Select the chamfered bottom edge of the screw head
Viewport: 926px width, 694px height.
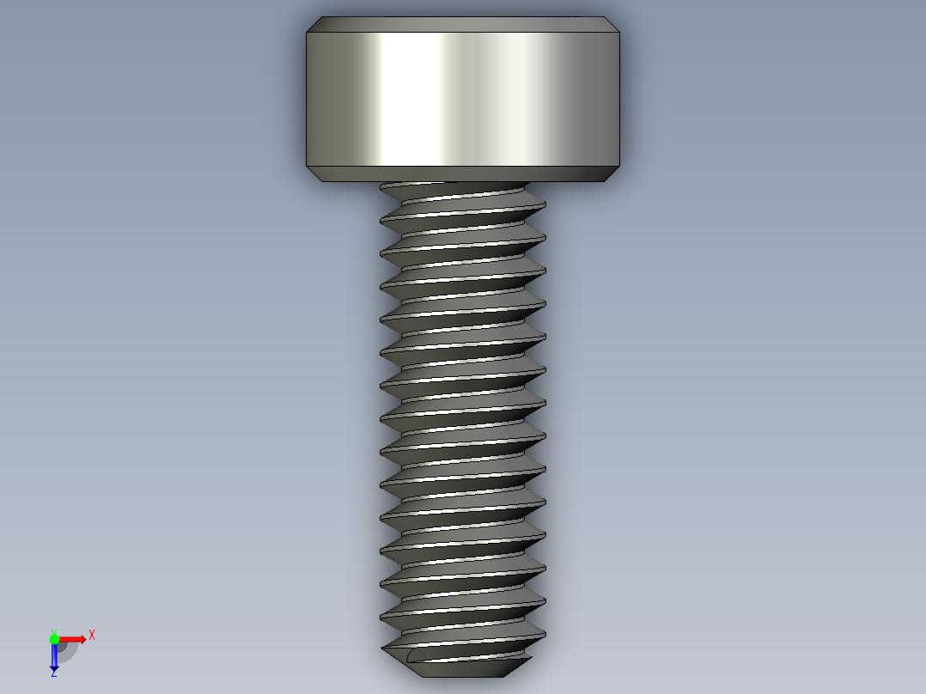(x=462, y=173)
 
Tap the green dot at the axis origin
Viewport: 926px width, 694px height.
(x=54, y=639)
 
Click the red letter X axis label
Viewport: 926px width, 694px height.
(x=92, y=635)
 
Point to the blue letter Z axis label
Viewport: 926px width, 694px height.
(x=53, y=674)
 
